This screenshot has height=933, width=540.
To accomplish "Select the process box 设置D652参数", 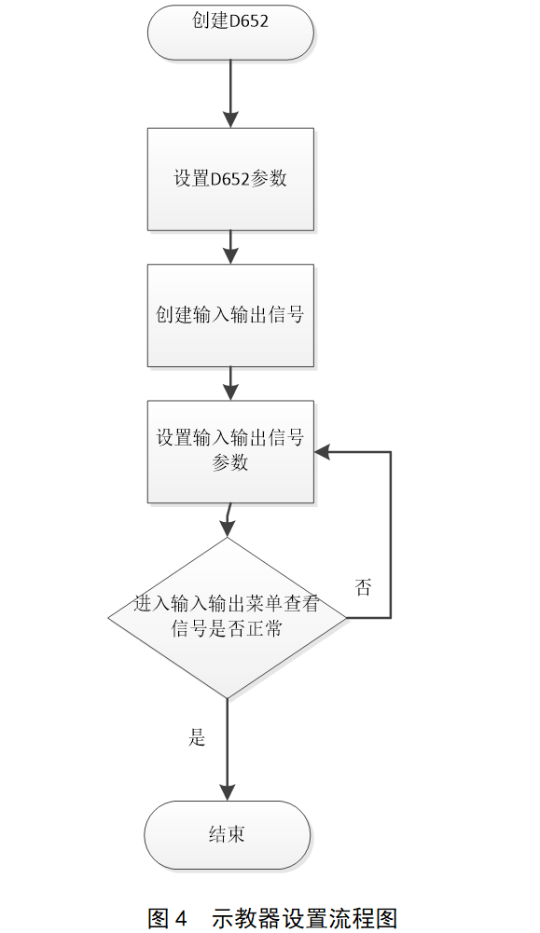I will point(230,179).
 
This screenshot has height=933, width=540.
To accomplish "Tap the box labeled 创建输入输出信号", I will point(230,315).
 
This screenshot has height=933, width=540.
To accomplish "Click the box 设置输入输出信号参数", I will point(230,451).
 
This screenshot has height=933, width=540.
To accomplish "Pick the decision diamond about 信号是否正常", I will point(228,617).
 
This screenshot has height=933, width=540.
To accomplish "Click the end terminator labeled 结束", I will point(227,834).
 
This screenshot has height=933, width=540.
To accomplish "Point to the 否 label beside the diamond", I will point(363,587).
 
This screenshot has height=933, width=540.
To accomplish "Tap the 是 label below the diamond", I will point(197,738).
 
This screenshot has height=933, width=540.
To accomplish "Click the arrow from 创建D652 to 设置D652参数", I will point(230,93).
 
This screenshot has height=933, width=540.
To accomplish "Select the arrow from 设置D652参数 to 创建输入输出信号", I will point(230,247).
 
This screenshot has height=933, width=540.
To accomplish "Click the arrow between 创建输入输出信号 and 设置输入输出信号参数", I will point(230,383).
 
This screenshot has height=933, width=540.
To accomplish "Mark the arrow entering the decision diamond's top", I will point(228,522).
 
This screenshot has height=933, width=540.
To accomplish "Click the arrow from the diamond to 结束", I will point(228,750).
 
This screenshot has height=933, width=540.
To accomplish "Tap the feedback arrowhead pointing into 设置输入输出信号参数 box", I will point(322,452).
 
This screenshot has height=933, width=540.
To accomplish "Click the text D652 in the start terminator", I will point(249,21).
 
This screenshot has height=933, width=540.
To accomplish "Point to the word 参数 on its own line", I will point(230,462).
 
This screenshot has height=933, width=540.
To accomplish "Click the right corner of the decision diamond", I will point(345,617).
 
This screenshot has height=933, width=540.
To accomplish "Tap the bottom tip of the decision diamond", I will point(228,696).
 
